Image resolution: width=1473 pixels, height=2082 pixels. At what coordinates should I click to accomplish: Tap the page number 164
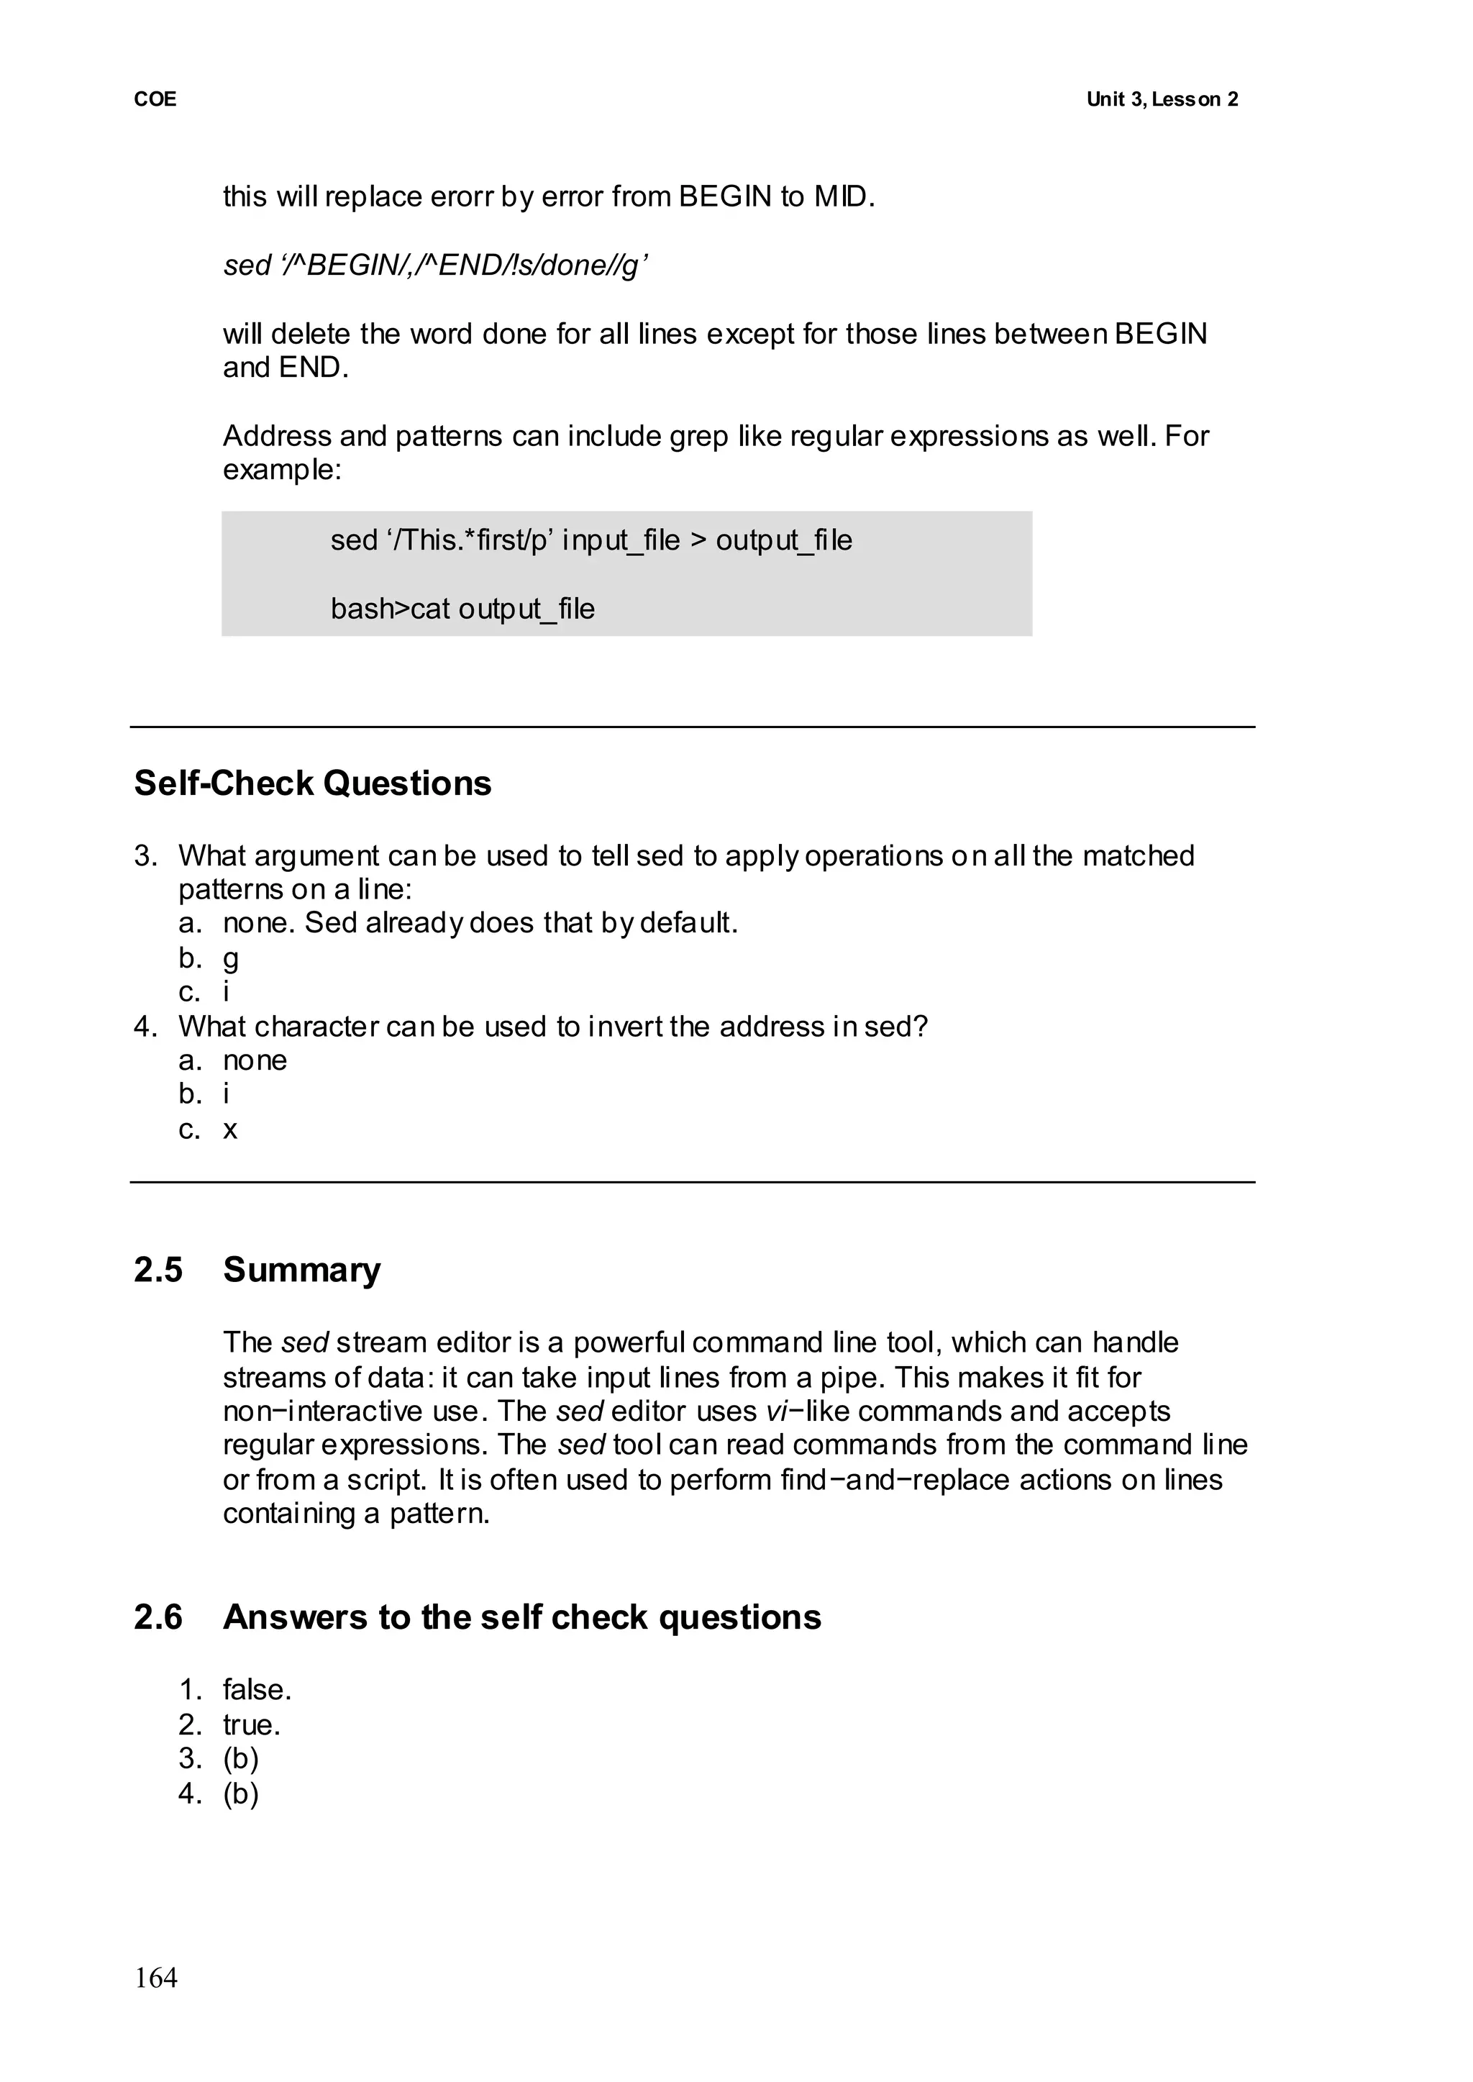click(156, 1978)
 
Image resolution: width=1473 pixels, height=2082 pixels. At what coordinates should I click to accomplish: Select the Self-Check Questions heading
click(313, 783)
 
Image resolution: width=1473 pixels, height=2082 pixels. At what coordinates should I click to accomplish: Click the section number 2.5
click(159, 1269)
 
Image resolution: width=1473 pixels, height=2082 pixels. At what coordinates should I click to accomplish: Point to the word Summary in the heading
click(302, 1269)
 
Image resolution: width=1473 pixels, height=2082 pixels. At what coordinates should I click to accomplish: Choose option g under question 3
click(232, 958)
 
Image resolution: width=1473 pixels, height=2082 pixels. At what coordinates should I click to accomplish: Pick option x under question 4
click(230, 1129)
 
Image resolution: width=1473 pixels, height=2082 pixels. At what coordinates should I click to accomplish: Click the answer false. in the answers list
click(257, 1689)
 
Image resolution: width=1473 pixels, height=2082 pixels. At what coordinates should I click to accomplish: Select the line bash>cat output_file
click(462, 609)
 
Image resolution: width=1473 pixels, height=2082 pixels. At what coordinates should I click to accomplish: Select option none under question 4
click(255, 1060)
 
